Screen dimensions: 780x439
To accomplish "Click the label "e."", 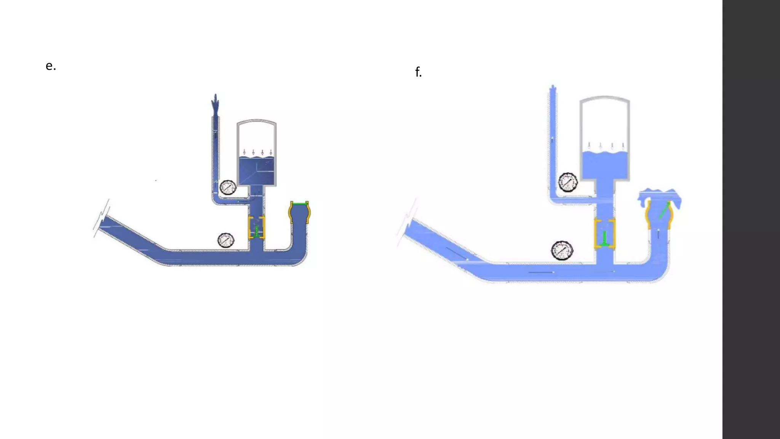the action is coord(51,66).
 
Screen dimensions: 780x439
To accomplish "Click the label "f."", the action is coord(419,72).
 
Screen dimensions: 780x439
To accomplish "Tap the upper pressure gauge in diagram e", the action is coord(228,187).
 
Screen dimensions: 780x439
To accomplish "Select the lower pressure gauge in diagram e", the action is coord(226,240).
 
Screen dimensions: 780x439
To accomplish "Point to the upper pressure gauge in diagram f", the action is coord(568,182).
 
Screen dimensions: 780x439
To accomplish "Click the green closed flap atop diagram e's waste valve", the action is coord(299,204).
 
